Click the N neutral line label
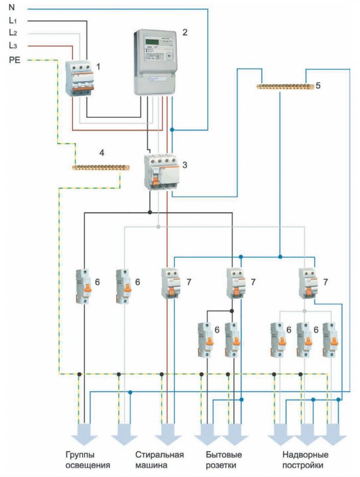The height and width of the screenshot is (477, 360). click(12, 8)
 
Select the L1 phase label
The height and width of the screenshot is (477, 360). click(13, 20)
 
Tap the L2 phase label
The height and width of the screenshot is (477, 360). click(13, 33)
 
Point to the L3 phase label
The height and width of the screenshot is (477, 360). click(13, 46)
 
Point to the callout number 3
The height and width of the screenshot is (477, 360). click(184, 164)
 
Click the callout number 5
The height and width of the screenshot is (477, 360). click(318, 85)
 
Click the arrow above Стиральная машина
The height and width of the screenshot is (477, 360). click(168, 432)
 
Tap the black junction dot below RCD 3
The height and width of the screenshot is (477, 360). click(150, 212)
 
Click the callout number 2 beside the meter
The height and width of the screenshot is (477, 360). click(184, 32)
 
